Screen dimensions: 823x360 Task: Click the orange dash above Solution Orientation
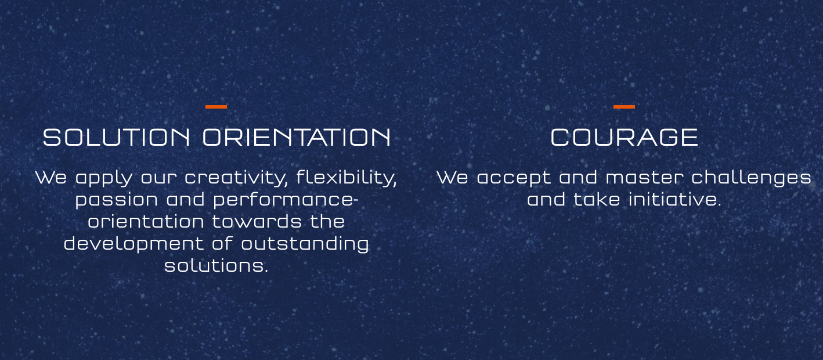click(x=216, y=107)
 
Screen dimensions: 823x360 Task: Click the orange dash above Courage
click(x=624, y=107)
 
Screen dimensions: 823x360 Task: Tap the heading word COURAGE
click(x=624, y=138)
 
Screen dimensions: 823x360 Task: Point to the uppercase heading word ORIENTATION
click(x=297, y=138)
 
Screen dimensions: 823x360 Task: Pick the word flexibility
click(x=347, y=178)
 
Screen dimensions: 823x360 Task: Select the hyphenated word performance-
click(x=286, y=200)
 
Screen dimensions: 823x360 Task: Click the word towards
click(x=257, y=221)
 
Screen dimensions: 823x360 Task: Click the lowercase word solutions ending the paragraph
click(x=216, y=265)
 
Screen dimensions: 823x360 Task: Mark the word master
click(x=645, y=177)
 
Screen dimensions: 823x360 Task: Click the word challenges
click(x=752, y=178)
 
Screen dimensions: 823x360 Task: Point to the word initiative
click(x=675, y=199)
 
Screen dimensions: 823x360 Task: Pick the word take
click(x=597, y=199)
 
